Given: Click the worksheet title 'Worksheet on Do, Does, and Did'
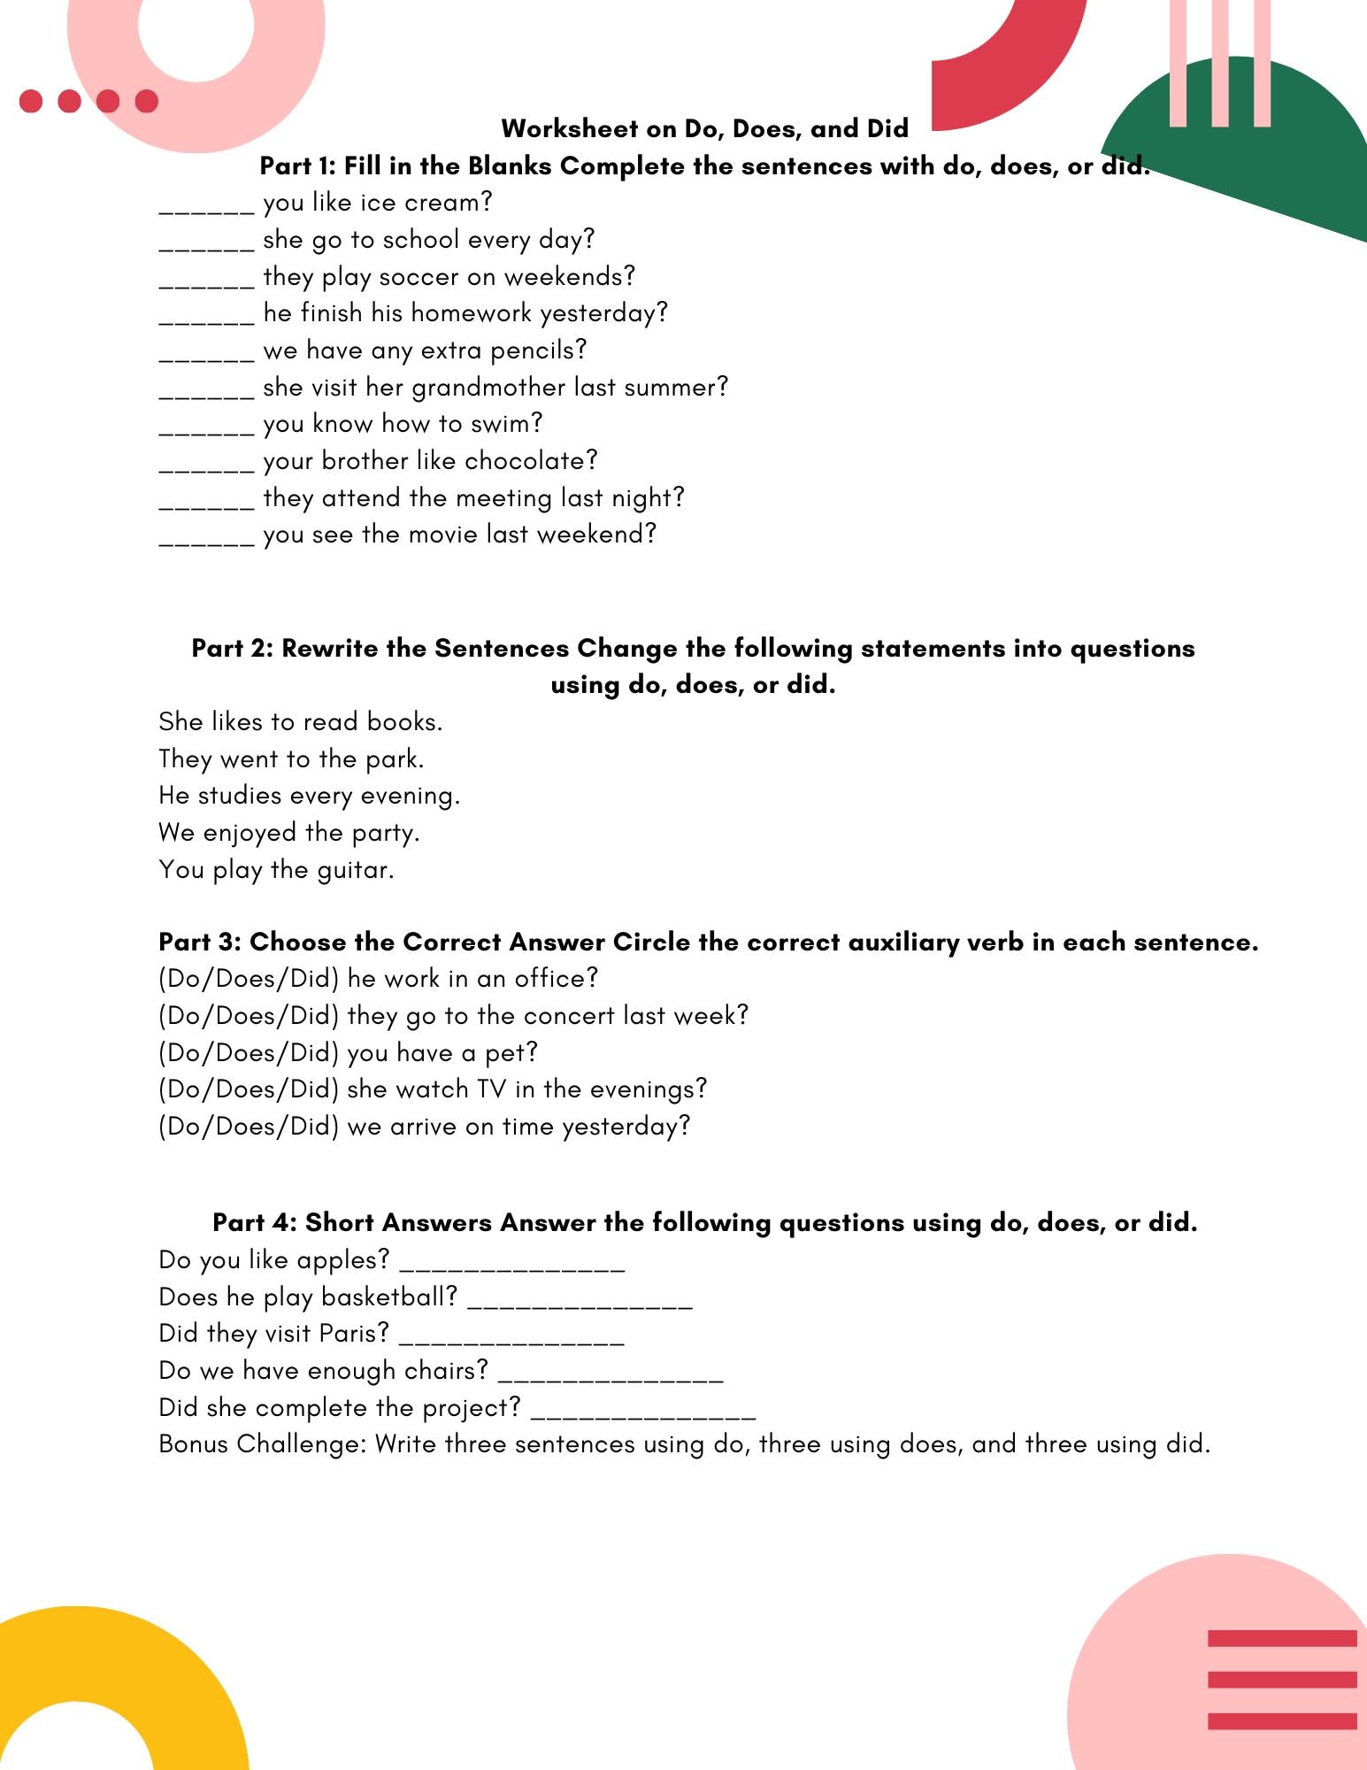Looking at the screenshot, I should coord(704,129).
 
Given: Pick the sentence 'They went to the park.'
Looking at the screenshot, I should coord(291,759).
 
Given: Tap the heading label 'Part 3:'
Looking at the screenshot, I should coord(200,943).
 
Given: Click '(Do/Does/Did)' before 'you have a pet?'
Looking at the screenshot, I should coord(249,1053).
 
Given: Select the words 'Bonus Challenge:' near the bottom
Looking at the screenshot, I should coord(262,1445).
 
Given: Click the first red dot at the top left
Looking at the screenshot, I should coord(31,101).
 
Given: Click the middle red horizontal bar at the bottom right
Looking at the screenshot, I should coord(1281,1680).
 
